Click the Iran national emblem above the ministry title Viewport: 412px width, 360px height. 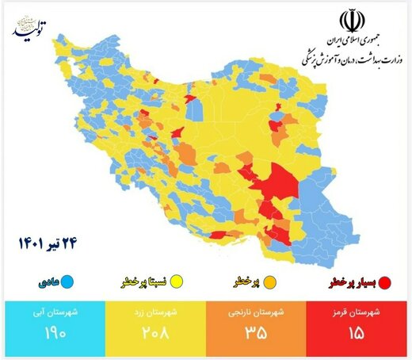point(349,21)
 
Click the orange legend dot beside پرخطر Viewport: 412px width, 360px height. point(270,281)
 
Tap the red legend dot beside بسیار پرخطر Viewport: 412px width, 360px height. point(385,281)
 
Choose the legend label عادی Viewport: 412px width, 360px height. point(47,281)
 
